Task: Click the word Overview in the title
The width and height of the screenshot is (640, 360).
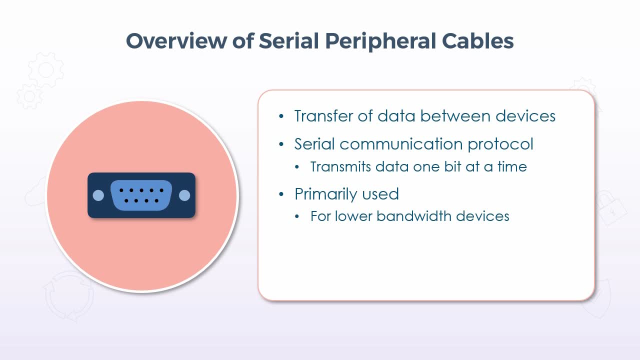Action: click(176, 41)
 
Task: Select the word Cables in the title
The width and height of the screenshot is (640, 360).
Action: click(478, 41)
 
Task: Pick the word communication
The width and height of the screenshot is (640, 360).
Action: click(401, 143)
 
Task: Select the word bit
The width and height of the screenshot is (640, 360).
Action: click(452, 166)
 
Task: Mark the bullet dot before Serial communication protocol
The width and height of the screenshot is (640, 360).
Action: click(281, 144)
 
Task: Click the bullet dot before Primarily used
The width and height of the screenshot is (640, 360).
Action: click(281, 194)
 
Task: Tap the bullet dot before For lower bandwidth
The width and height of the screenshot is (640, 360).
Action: click(297, 216)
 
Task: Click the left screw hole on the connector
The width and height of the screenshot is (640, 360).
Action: click(98, 195)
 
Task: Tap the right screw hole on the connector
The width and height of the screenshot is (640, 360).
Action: click(184, 195)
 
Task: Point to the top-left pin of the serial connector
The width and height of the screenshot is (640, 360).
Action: click(121, 190)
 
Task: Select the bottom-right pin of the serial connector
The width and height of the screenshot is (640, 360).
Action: click(156, 201)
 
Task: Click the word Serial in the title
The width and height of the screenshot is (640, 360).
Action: click(288, 41)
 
